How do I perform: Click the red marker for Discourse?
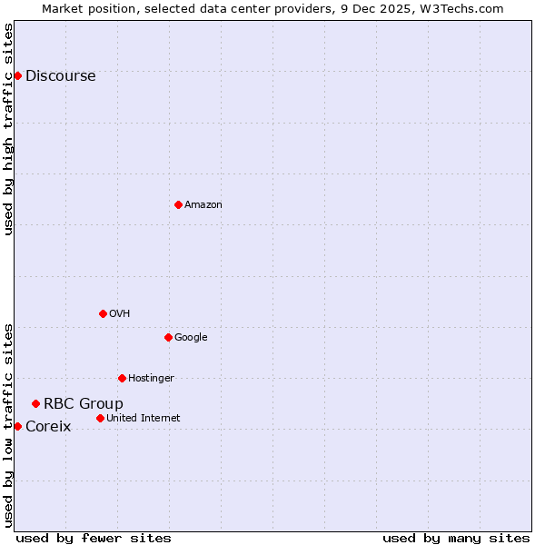point(17,75)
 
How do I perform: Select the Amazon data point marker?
point(178,204)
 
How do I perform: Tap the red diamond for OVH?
point(103,313)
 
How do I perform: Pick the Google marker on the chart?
point(168,337)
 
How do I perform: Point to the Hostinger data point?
point(122,378)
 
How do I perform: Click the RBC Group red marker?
point(35,403)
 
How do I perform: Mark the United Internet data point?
point(100,418)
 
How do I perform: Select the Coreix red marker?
point(17,426)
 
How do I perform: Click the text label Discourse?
point(60,76)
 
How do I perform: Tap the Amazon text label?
point(203,205)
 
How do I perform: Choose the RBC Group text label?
point(83,404)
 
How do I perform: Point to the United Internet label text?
point(143,419)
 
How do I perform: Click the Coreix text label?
point(47,427)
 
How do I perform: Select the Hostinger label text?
point(151,379)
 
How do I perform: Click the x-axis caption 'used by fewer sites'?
point(94,538)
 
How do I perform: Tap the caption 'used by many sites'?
point(456,538)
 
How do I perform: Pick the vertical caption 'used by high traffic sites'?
point(9,129)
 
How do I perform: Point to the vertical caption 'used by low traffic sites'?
point(9,425)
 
